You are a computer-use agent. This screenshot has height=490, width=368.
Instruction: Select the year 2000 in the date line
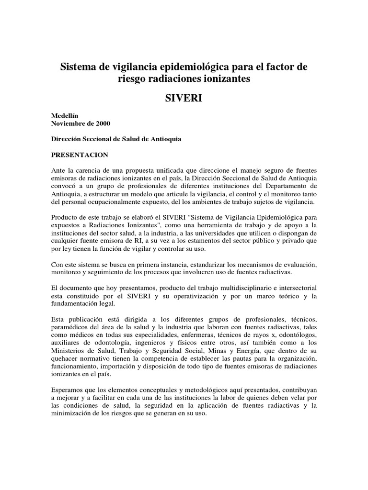[x=102, y=123]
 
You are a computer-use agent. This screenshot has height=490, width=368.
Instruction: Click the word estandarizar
[x=203, y=264]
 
